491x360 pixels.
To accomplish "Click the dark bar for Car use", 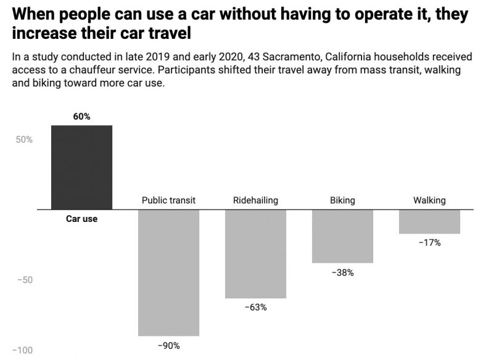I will (x=81, y=167).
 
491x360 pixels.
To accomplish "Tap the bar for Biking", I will (x=342, y=236).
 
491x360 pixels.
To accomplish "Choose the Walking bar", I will (x=429, y=221).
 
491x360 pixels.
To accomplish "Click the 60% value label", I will (x=81, y=117).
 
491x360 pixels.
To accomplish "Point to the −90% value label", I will (x=168, y=346).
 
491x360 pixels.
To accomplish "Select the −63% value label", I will (x=255, y=308).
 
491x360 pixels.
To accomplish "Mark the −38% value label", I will (x=342, y=272).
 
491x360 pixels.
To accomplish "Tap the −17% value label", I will (x=429, y=243).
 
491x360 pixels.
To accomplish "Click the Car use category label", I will (x=81, y=219).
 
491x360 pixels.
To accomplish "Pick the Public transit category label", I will (x=168, y=200).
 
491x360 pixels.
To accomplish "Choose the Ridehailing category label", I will (x=255, y=200).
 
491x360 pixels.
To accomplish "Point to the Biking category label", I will (x=342, y=200).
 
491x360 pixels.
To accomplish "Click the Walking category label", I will (x=429, y=200).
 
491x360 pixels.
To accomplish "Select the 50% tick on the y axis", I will (x=24, y=139).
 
